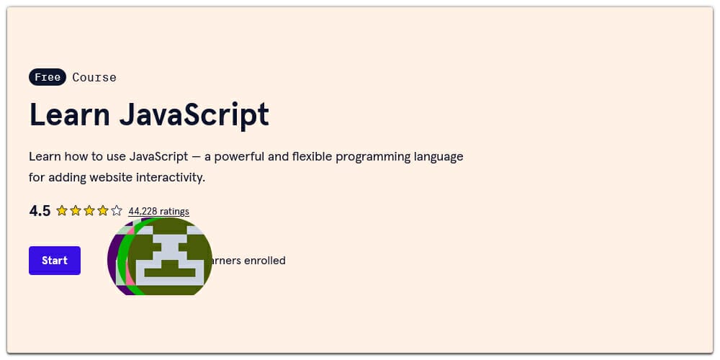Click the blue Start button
tap(55, 261)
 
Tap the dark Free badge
tap(48, 77)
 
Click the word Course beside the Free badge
tap(94, 77)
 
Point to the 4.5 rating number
tap(40, 211)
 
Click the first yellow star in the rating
tap(62, 211)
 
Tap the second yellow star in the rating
tap(76, 211)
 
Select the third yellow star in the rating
tap(89, 211)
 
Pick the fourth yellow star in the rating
tap(103, 211)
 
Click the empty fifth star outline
tap(117, 211)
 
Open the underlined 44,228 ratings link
tap(158, 211)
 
